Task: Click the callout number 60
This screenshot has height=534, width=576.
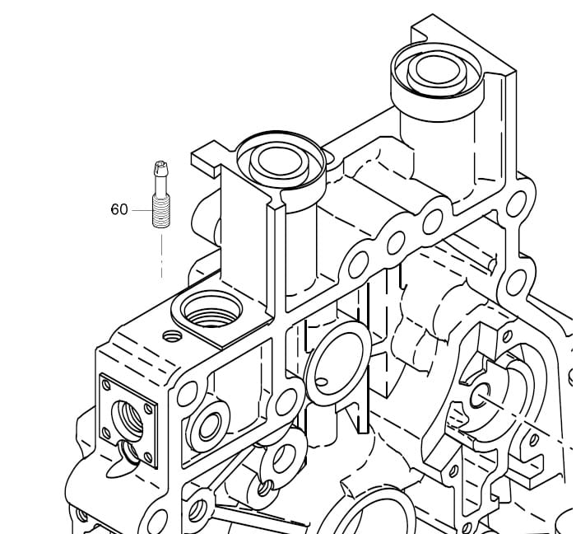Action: click(x=119, y=209)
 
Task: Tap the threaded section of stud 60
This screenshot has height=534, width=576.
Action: click(x=161, y=211)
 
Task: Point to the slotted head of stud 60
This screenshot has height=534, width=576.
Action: click(x=161, y=168)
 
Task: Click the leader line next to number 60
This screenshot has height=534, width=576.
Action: click(x=142, y=210)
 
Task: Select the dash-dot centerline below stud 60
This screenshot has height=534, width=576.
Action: click(x=161, y=256)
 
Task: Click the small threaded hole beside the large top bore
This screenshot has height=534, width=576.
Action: click(x=172, y=335)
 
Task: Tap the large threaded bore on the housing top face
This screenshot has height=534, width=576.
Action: click(x=212, y=310)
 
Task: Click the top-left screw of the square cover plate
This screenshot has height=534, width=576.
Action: click(x=106, y=385)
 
